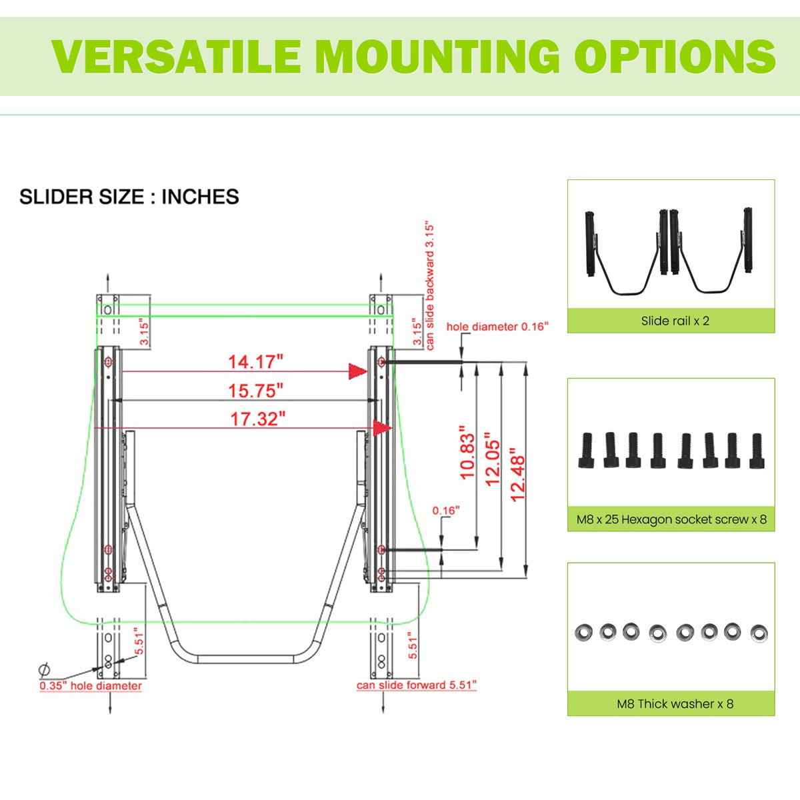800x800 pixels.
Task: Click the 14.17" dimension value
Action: (255, 362)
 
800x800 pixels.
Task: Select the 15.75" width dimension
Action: (256, 391)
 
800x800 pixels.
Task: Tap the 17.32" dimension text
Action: (258, 419)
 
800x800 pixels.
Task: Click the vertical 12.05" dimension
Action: (493, 459)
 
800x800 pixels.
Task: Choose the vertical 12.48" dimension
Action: (518, 475)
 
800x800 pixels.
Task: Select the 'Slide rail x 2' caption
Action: (675, 321)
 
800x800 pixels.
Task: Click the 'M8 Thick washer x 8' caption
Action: (675, 704)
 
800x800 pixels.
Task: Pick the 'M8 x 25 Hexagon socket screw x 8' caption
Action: (671, 519)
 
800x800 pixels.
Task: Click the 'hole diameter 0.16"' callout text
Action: (497, 327)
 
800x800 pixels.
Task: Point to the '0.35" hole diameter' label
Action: (91, 685)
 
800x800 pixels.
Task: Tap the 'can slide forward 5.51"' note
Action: (417, 685)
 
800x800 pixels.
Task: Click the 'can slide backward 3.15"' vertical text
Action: (430, 287)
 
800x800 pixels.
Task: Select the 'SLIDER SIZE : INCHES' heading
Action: (129, 197)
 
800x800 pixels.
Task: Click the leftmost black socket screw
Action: (586, 450)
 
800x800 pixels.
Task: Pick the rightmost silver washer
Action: (759, 633)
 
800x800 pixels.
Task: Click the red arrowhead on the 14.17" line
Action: (358, 371)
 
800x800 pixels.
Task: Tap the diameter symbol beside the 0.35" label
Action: (44, 670)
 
